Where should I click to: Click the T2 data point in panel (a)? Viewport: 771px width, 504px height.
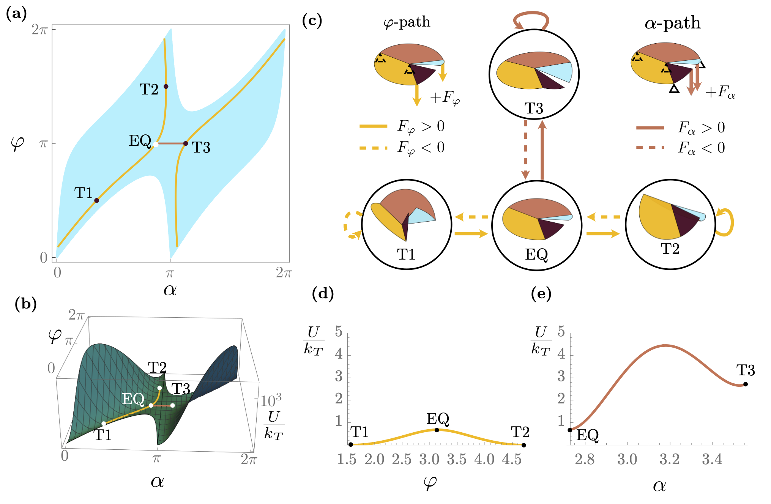(x=166, y=87)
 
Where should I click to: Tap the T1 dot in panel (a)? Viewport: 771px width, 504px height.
(x=96, y=200)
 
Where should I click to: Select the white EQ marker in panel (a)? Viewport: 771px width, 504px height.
(x=156, y=144)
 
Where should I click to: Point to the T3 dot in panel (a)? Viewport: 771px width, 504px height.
(x=186, y=143)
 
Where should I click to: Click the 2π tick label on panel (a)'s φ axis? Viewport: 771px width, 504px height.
(x=39, y=30)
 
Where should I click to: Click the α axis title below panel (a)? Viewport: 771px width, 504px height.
(x=170, y=290)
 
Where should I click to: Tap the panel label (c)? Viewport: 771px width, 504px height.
(x=312, y=20)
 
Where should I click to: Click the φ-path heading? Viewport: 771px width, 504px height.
(x=407, y=22)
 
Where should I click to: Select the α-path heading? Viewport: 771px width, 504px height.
(x=672, y=23)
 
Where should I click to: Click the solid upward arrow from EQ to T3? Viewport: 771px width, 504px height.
(x=542, y=150)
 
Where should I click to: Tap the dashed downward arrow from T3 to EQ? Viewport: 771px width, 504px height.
(x=525, y=150)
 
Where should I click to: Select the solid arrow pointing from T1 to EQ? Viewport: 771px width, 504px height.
(x=471, y=233)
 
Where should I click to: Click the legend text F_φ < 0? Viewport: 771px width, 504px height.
(x=421, y=147)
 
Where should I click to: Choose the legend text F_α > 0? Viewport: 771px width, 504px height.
(x=701, y=128)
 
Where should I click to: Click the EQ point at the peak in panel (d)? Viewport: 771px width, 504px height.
(x=437, y=430)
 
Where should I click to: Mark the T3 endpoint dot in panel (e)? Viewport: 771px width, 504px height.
(x=746, y=384)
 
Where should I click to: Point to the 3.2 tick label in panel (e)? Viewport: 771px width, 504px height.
(x=670, y=459)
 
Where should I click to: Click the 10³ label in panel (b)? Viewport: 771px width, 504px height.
(x=271, y=400)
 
